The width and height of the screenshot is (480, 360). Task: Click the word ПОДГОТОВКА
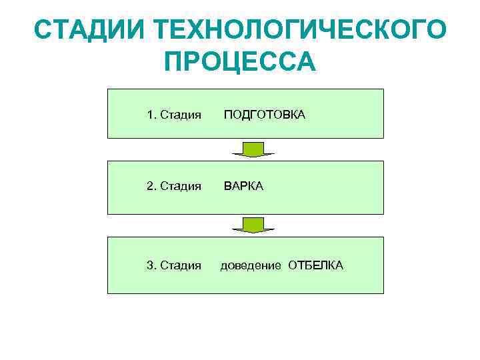264,115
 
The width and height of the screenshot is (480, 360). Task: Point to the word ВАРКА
243,186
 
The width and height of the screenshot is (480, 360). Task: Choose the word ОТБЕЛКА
316,265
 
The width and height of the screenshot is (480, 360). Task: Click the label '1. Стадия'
174,115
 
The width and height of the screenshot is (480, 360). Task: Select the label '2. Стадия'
174,187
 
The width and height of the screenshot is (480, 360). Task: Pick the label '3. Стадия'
174,266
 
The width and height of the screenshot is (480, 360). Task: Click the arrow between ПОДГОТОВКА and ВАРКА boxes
253,149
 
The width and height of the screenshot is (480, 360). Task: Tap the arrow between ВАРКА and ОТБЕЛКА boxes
253,225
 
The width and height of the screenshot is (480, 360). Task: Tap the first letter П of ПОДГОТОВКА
227,115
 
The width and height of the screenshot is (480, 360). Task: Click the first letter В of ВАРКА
227,186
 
